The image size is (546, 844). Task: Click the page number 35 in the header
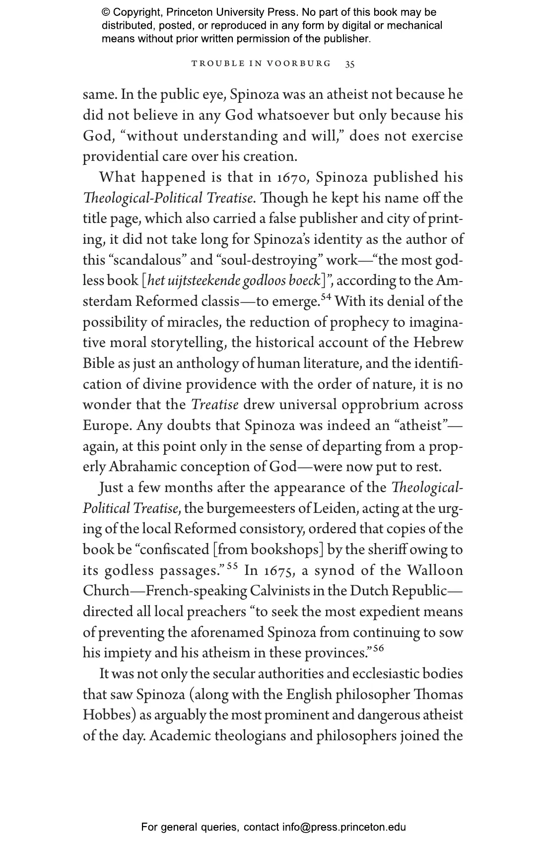coord(350,64)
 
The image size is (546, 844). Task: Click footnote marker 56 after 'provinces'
coord(379,648)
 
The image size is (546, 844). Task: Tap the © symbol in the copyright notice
coord(106,12)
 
